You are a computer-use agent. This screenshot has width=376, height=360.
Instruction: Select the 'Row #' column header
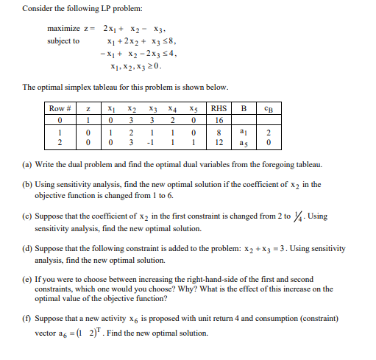click(59, 108)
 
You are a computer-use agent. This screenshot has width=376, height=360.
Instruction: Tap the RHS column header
click(221, 108)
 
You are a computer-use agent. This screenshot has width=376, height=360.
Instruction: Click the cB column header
click(266, 108)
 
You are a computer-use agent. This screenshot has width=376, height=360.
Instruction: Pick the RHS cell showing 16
click(220, 119)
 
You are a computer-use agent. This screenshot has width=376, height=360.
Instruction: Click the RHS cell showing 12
click(220, 140)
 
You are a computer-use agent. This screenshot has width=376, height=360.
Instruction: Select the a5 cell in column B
click(245, 140)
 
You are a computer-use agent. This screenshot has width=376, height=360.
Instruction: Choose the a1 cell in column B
click(245, 130)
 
